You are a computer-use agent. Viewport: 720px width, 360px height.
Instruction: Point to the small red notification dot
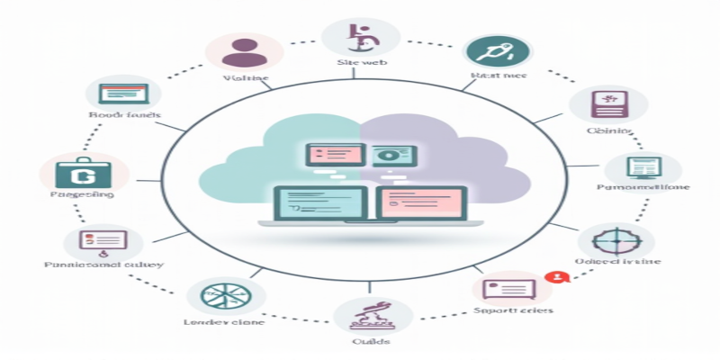click(x=559, y=277)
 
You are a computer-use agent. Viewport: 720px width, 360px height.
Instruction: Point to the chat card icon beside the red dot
click(x=510, y=289)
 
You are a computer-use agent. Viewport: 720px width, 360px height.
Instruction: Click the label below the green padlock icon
click(x=82, y=194)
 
